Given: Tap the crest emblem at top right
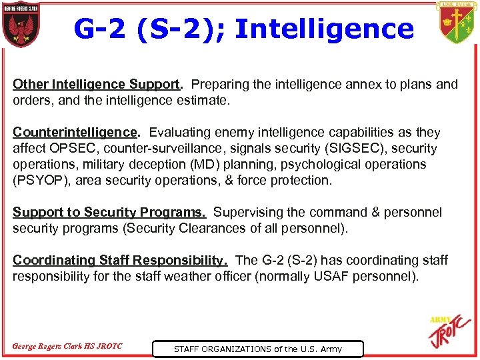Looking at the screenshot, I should click(x=457, y=23).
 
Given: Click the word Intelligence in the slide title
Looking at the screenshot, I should click(x=325, y=29).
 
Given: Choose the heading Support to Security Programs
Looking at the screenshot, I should click(x=109, y=213).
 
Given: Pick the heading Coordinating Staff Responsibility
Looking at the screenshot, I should click(x=120, y=260).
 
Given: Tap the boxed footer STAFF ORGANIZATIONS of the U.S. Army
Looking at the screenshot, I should click(x=257, y=349).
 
